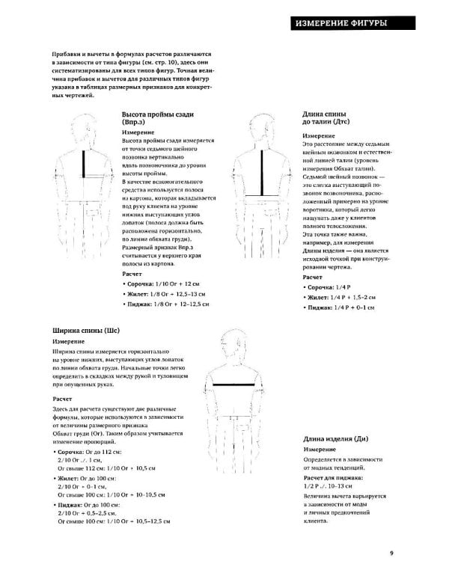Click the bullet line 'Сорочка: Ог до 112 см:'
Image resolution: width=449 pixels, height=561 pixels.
89,453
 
